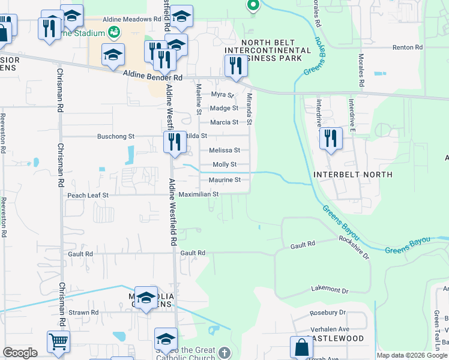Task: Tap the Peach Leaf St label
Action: [x=88, y=195]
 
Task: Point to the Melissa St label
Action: [x=224, y=151]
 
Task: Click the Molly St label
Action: [x=224, y=164]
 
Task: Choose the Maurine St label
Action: [x=224, y=180]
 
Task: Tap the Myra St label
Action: [x=222, y=95]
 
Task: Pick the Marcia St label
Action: [x=223, y=122]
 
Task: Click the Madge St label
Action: [x=223, y=109]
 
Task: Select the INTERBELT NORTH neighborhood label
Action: [x=353, y=175]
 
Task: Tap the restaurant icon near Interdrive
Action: [x=330, y=139]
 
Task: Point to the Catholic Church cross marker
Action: [x=224, y=352]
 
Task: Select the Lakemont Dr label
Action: [x=330, y=290]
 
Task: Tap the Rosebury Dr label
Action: [x=328, y=313]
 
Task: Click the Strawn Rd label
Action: [x=83, y=313]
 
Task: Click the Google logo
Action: [x=20, y=353]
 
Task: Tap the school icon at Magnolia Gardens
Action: [x=146, y=298]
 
